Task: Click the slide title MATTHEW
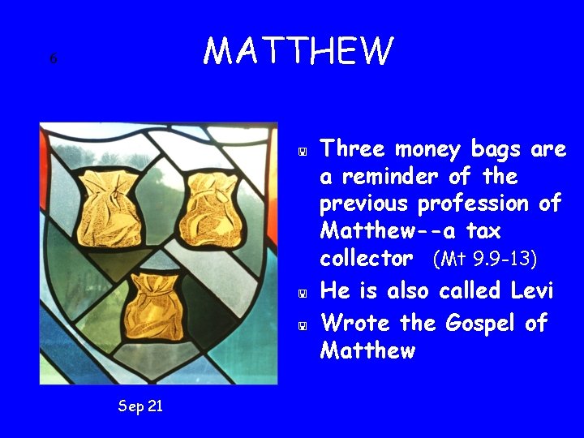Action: point(298,50)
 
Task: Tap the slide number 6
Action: point(53,58)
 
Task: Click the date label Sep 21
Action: point(140,406)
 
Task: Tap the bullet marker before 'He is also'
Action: point(301,292)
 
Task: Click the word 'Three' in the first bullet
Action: point(354,149)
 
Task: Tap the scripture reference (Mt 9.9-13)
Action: point(485,260)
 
